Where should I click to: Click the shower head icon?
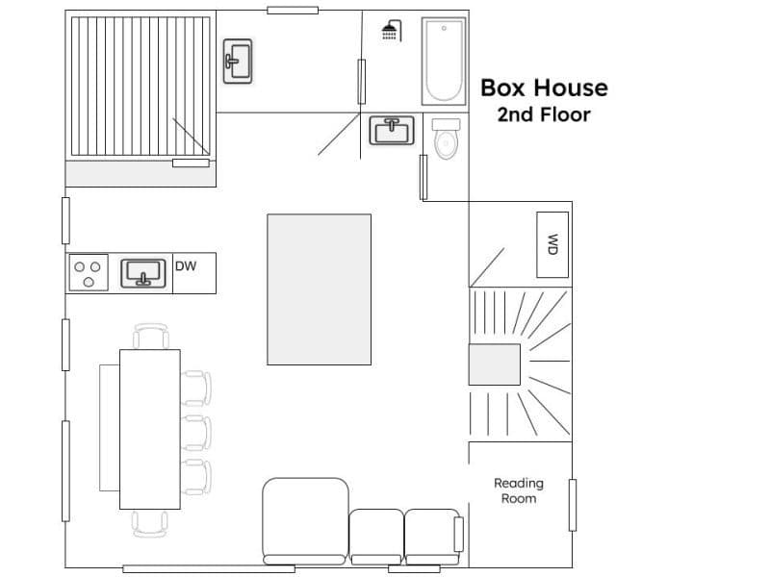(x=392, y=31)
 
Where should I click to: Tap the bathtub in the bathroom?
(x=444, y=61)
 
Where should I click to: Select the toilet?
(x=446, y=138)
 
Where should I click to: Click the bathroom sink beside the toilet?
(x=392, y=131)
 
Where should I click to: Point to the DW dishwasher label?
(x=186, y=266)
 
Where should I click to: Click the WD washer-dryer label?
(x=552, y=244)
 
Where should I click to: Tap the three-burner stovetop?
(x=89, y=273)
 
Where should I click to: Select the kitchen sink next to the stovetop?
(x=143, y=273)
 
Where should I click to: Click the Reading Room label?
(x=519, y=490)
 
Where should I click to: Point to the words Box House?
(x=544, y=88)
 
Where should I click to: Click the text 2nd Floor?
(x=544, y=114)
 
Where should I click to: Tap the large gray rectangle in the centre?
(x=320, y=289)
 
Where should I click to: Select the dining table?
(x=150, y=429)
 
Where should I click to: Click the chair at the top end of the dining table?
(x=151, y=336)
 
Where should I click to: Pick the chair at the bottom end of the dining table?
(x=150, y=523)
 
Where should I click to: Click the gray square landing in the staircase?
(x=495, y=364)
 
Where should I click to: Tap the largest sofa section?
(x=305, y=521)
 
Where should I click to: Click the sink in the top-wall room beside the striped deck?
(x=238, y=61)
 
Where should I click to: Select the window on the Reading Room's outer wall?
(x=572, y=506)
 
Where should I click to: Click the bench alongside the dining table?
(x=110, y=428)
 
